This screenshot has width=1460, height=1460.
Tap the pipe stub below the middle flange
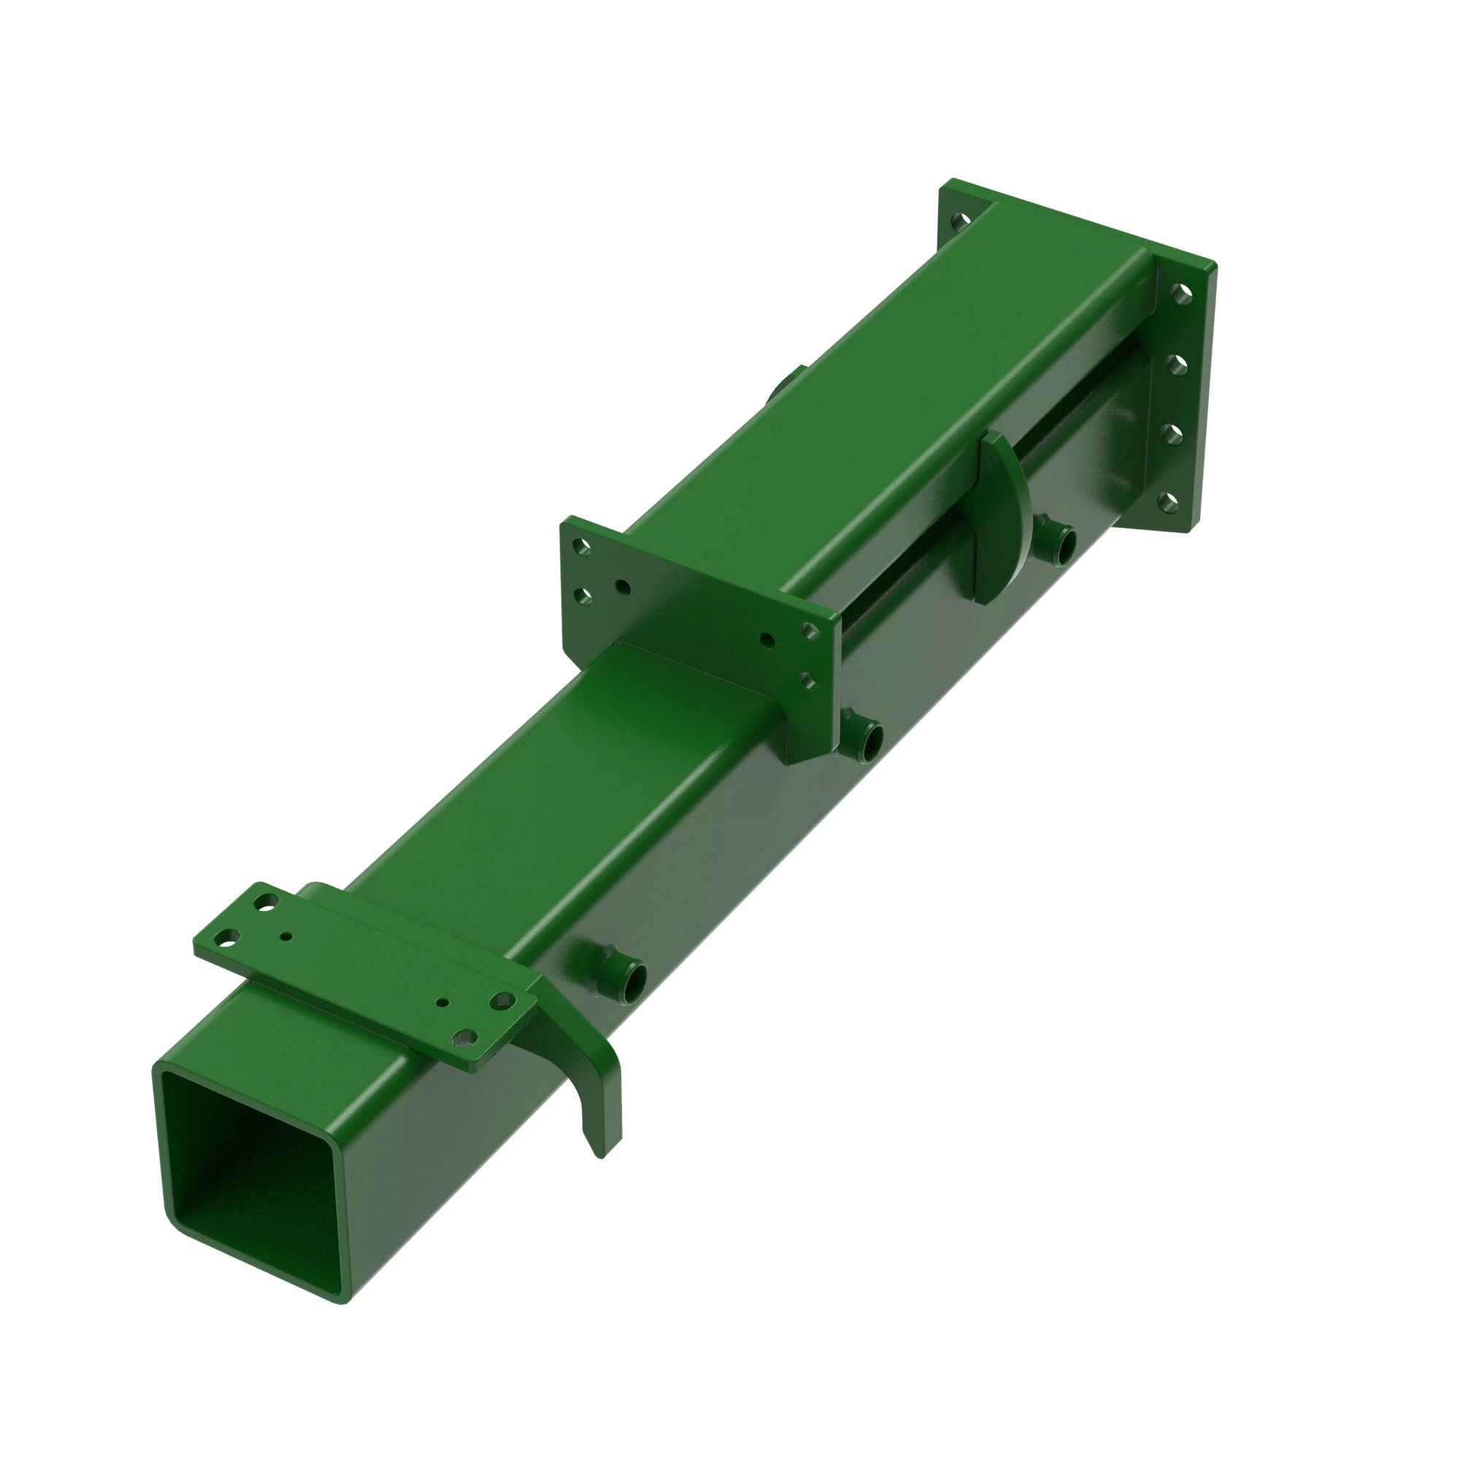[x=864, y=734]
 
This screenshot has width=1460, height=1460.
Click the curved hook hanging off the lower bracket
[x=601, y=1088]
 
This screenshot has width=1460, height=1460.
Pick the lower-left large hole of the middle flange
[x=583, y=596]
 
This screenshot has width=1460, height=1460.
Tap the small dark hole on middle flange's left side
[x=622, y=586]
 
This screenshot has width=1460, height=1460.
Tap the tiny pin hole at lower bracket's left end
[x=285, y=937]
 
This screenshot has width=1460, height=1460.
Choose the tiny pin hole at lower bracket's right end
[x=445, y=1004]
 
